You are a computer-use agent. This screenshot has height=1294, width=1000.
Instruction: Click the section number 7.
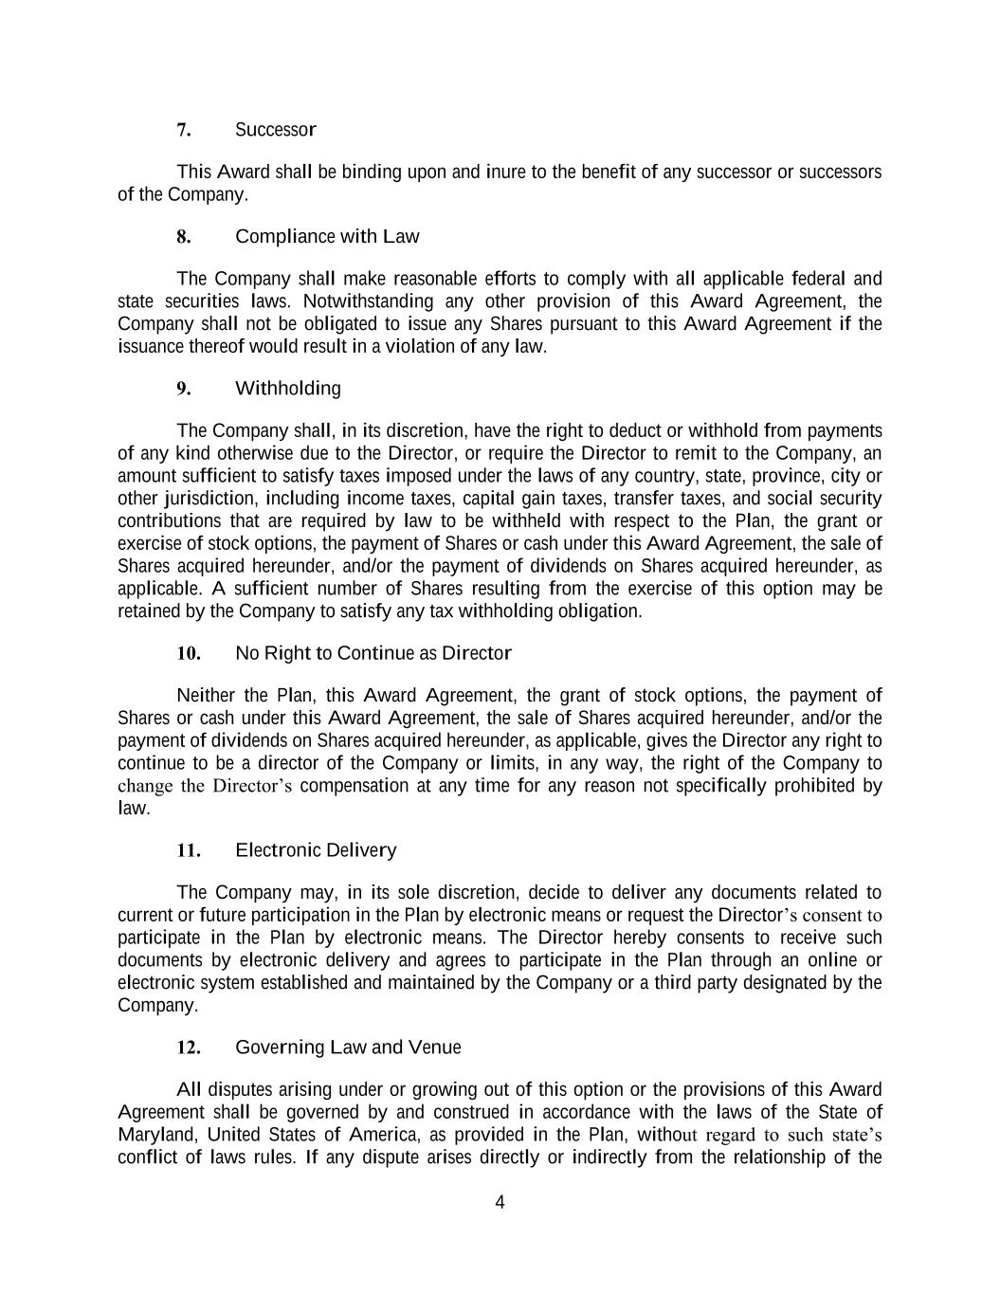(184, 129)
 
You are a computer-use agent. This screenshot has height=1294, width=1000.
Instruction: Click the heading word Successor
(275, 129)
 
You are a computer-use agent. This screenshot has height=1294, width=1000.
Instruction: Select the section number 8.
(184, 236)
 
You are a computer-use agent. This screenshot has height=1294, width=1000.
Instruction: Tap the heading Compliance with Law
(326, 236)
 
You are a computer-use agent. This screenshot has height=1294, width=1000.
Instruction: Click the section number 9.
(184, 389)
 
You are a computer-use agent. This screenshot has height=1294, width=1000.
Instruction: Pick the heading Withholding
(287, 389)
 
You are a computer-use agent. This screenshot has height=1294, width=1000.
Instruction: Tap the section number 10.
(189, 653)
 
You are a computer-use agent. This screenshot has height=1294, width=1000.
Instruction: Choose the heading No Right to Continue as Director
(373, 653)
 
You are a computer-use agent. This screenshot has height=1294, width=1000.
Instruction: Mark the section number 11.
(189, 850)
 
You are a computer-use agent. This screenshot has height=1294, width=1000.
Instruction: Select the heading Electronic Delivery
(315, 850)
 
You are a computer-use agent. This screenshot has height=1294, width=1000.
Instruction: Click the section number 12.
(189, 1048)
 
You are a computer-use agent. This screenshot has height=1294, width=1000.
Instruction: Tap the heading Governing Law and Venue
(347, 1048)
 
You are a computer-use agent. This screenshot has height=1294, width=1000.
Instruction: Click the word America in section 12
(383, 1135)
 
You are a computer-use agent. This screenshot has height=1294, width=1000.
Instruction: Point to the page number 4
(500, 1203)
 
